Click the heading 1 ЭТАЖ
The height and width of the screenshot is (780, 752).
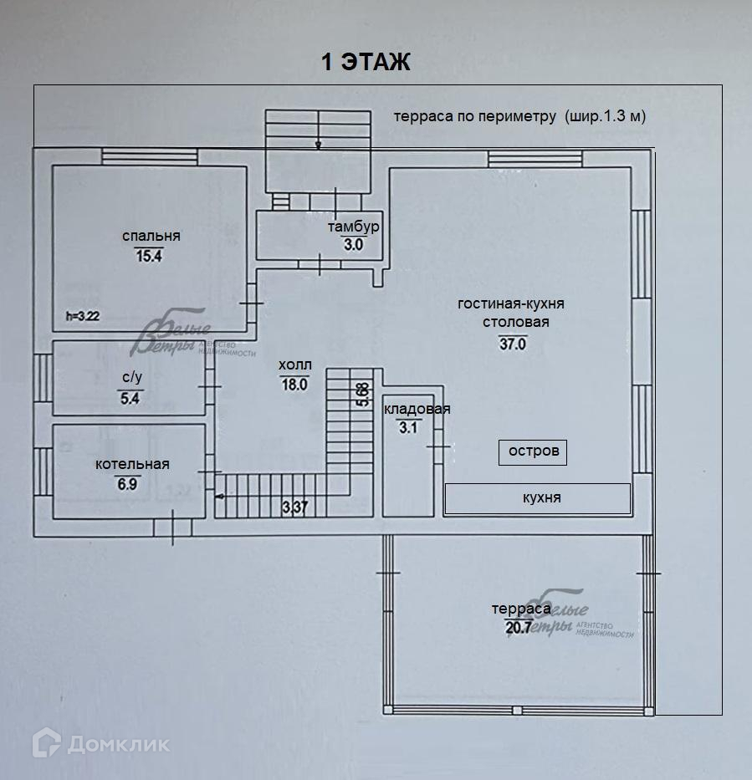pos(366,62)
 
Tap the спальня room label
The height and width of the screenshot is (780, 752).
pos(151,237)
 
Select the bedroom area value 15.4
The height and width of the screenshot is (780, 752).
pos(148,257)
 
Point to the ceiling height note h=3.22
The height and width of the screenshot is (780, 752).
pos(83,316)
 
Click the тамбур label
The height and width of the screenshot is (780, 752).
pos(353,227)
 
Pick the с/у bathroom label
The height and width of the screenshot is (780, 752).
pos(131,377)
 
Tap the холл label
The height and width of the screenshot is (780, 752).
pos(295,365)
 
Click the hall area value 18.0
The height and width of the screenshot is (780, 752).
pos(295,385)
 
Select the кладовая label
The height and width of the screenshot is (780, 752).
pos(417,409)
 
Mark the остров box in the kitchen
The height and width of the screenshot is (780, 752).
pos(533,451)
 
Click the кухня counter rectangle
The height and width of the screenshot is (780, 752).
pos(537,498)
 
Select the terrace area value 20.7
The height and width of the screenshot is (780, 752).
pos(519,629)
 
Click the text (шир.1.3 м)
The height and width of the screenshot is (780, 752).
pos(605,116)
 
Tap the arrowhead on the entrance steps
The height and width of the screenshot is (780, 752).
pos(318,145)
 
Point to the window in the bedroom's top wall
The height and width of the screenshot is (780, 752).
pos(150,156)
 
